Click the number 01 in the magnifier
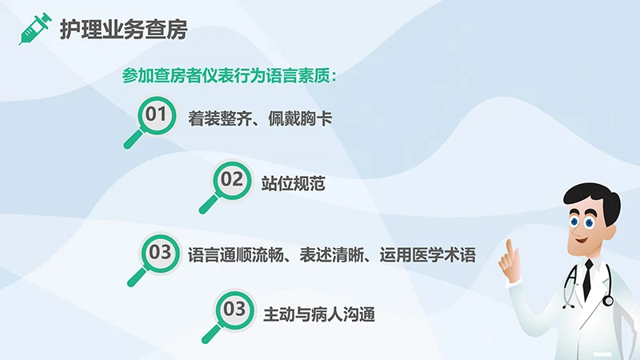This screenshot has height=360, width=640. coord(157,114)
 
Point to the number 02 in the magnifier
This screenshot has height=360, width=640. coord(231,179)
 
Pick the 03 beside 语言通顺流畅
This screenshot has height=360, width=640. coord(160,252)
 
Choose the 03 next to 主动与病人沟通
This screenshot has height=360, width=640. coord(233,308)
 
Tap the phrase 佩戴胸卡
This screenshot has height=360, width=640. coord(305,120)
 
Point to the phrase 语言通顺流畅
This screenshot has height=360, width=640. coord(226,255)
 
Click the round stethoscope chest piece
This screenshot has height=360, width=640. coord(608,301)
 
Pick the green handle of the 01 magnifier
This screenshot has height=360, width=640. coord(133,139)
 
